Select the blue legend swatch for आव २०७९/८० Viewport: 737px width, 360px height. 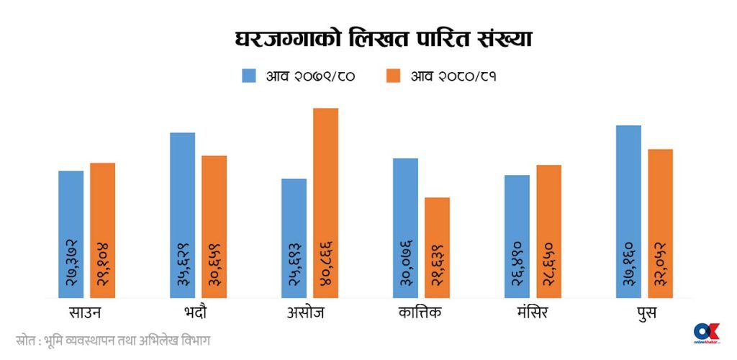pyautogui.click(x=250, y=75)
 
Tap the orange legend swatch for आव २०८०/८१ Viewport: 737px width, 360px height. pyautogui.click(x=393, y=75)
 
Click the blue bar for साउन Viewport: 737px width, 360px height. pyautogui.click(x=71, y=234)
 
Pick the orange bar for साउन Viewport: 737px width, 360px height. pyautogui.click(x=102, y=230)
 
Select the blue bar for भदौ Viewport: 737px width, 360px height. pyautogui.click(x=182, y=215)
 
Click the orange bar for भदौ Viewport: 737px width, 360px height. pyautogui.click(x=214, y=227)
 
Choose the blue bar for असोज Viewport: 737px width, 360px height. pyautogui.click(x=294, y=238)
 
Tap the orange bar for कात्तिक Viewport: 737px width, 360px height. pyautogui.click(x=437, y=248)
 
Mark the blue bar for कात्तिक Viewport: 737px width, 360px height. pyautogui.click(x=405, y=228)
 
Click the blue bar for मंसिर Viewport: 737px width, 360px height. pyautogui.click(x=517, y=236)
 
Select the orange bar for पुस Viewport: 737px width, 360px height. pyautogui.click(x=660, y=223)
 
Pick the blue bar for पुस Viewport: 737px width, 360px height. pyautogui.click(x=628, y=212)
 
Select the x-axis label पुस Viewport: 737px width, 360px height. pyautogui.click(x=645, y=313)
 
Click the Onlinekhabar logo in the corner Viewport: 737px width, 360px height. pyautogui.click(x=706, y=333)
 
